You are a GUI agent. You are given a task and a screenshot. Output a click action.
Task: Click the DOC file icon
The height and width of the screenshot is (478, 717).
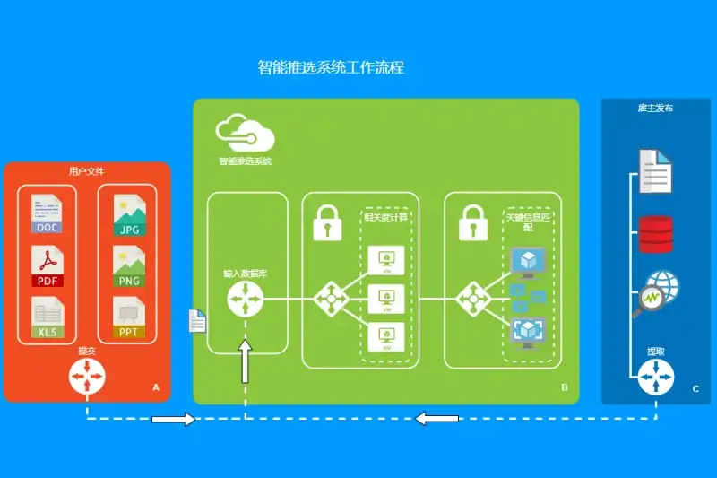click(48, 214)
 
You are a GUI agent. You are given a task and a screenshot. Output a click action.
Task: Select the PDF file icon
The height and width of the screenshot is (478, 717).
click(48, 266)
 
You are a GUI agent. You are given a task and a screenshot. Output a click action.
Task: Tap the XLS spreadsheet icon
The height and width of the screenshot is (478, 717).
click(48, 319)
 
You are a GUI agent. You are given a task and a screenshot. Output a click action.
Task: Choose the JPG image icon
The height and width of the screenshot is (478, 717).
click(128, 214)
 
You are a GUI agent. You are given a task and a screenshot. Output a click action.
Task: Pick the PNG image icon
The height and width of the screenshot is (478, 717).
click(128, 266)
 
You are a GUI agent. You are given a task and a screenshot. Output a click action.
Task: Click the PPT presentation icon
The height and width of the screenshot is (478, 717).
click(128, 319)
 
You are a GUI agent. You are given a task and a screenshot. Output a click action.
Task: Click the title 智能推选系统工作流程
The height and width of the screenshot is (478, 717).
click(331, 67)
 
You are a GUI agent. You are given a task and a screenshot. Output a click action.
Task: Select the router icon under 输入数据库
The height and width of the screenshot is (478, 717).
click(246, 298)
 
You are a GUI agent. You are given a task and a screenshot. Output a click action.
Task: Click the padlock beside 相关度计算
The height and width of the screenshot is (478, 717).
click(328, 222)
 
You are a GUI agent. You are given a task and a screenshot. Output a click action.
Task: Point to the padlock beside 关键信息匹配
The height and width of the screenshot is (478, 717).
click(472, 222)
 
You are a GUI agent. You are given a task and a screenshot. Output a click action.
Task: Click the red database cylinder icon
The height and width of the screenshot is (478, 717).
click(655, 234)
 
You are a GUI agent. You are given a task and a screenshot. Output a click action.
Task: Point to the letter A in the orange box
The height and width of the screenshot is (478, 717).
click(156, 388)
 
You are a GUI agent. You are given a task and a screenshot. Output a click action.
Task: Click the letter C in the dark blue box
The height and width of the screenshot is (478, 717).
click(695, 388)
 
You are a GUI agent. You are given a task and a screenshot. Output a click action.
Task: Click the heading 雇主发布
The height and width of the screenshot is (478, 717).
click(655, 108)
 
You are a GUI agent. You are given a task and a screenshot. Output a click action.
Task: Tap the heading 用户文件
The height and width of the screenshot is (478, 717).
click(86, 170)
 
